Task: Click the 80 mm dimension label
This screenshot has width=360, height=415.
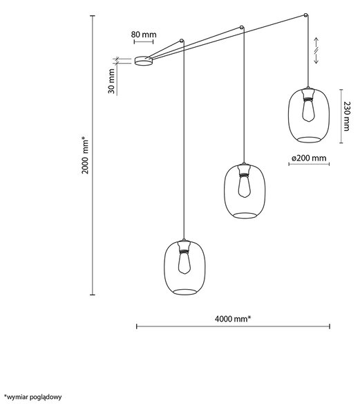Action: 144,35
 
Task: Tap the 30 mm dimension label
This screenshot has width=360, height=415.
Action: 111,81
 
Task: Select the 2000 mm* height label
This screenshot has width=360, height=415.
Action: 85,155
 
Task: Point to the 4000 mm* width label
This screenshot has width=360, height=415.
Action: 233,319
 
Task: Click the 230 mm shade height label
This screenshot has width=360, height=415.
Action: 346,116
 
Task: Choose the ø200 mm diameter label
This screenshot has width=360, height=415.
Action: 309,158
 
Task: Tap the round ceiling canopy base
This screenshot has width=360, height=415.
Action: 144,61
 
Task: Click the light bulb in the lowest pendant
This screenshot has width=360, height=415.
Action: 184,263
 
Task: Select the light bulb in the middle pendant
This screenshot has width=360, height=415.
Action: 244,187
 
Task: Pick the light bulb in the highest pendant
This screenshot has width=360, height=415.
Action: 308,111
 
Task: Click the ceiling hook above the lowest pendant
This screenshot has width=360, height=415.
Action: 182,41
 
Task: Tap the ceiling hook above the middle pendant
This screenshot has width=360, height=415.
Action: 242,27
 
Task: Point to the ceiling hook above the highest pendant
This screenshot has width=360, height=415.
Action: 306,15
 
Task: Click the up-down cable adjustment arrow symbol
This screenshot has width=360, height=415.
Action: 316,50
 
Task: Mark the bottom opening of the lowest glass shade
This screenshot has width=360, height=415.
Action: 184,292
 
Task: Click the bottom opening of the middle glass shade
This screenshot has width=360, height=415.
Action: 245,215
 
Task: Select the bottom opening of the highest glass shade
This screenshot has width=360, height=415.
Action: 309,140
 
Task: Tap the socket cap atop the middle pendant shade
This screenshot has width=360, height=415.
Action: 244,168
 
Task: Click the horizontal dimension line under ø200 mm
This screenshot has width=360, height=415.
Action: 309,164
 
